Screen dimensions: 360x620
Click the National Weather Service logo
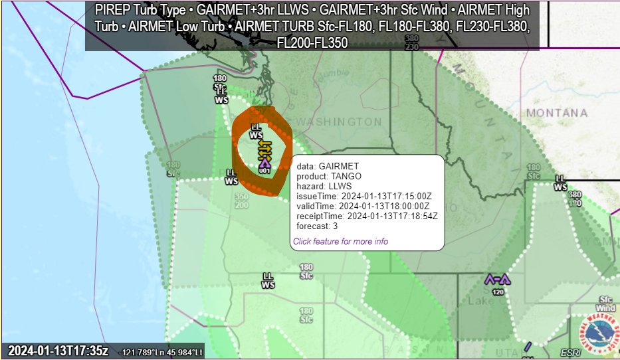[x=599, y=333]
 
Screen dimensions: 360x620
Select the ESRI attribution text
[x=569, y=352]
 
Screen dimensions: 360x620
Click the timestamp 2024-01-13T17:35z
[x=58, y=351]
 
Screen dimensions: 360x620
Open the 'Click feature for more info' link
[x=340, y=241]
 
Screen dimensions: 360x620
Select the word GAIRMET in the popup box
[x=339, y=166]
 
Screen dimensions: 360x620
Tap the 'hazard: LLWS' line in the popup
[x=324, y=186]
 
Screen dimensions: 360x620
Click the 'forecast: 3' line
[x=317, y=226]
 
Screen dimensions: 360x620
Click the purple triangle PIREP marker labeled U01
[x=264, y=162]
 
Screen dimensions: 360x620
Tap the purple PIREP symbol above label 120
[x=497, y=279]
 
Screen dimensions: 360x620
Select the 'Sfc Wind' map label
[x=605, y=304]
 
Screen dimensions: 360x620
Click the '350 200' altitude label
[x=241, y=201]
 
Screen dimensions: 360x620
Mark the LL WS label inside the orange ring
[x=256, y=130]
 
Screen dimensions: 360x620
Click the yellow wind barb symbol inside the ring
[x=264, y=149]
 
